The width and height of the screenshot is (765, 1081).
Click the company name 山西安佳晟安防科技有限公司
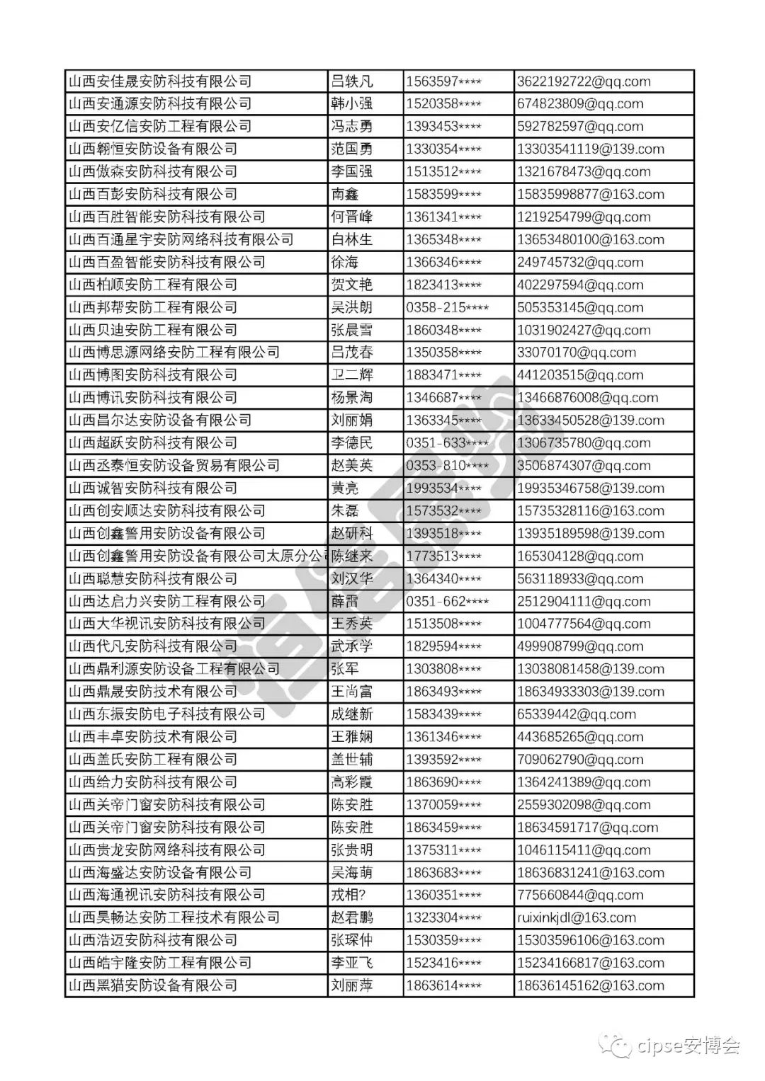(160, 81)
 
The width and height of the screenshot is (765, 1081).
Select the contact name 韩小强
(351, 104)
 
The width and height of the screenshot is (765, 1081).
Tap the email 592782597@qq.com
(580, 127)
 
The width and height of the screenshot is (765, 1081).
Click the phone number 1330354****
(443, 149)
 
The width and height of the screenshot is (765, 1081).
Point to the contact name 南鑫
(345, 195)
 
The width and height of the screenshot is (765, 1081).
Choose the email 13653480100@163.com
(590, 239)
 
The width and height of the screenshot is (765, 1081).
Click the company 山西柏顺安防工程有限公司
(153, 285)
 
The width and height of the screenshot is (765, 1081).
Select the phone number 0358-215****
(447, 307)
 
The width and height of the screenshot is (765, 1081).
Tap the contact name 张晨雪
(351, 330)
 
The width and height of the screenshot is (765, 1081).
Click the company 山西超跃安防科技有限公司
(153, 443)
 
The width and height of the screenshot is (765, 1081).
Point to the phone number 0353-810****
(447, 466)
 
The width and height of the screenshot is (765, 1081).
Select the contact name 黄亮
(345, 488)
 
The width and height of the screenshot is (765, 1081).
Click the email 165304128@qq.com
(580, 556)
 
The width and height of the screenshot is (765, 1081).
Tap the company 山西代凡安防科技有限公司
(153, 646)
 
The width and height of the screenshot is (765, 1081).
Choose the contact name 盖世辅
(351, 760)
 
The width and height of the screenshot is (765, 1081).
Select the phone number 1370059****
(443, 805)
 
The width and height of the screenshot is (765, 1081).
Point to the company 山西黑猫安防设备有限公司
(153, 985)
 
